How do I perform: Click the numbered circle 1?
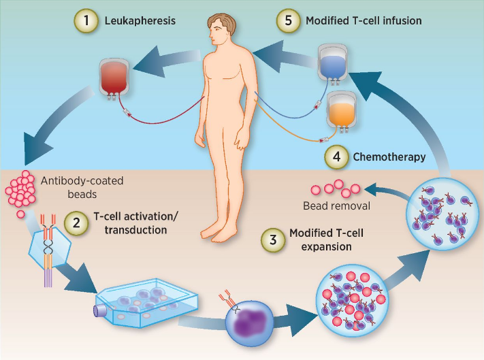(x=86, y=20)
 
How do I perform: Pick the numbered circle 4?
(x=336, y=157)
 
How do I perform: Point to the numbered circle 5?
(x=289, y=20)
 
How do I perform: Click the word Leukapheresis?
(x=140, y=20)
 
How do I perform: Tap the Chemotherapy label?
(x=389, y=157)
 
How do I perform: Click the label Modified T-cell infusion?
(x=364, y=20)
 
